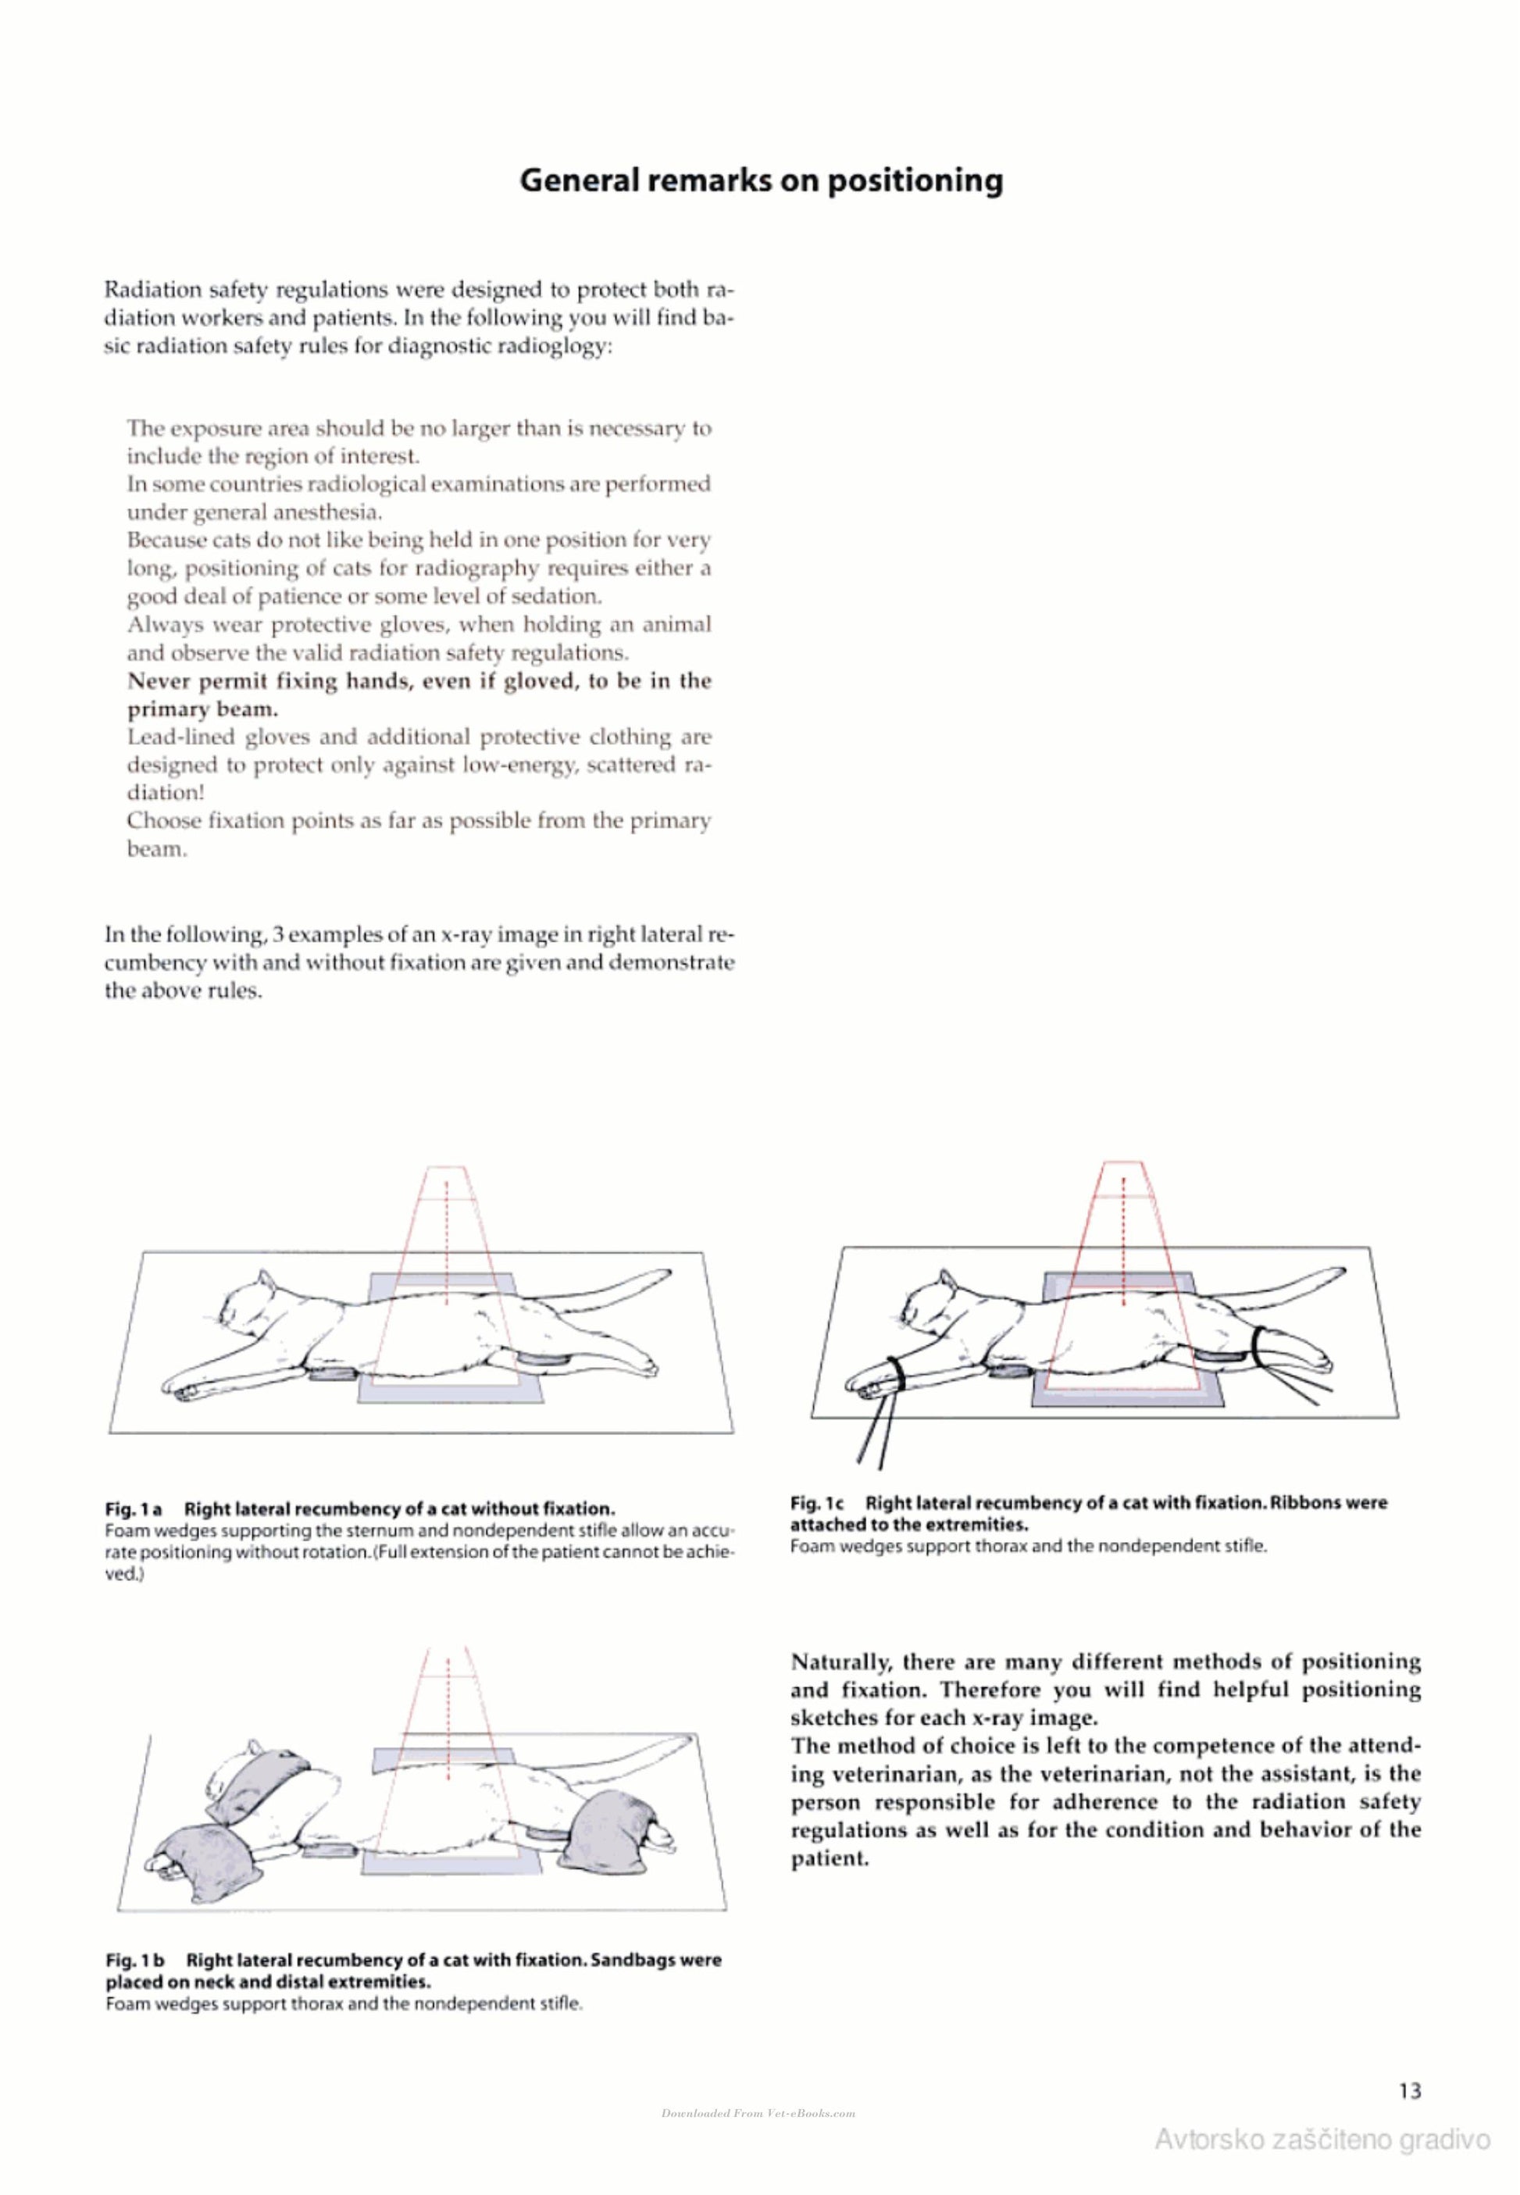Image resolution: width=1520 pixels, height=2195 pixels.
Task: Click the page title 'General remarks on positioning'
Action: (761, 181)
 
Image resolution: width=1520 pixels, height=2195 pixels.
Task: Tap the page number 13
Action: (1411, 2090)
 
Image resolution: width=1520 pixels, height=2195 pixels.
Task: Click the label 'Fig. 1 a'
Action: (134, 1509)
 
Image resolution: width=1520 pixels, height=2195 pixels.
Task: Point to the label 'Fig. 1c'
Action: (818, 1503)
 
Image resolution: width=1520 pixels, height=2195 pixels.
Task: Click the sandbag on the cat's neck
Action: (259, 1783)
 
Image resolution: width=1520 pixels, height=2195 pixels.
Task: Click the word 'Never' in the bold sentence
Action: (158, 681)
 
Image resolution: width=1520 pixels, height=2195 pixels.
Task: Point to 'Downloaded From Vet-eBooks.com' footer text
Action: (758, 2113)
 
